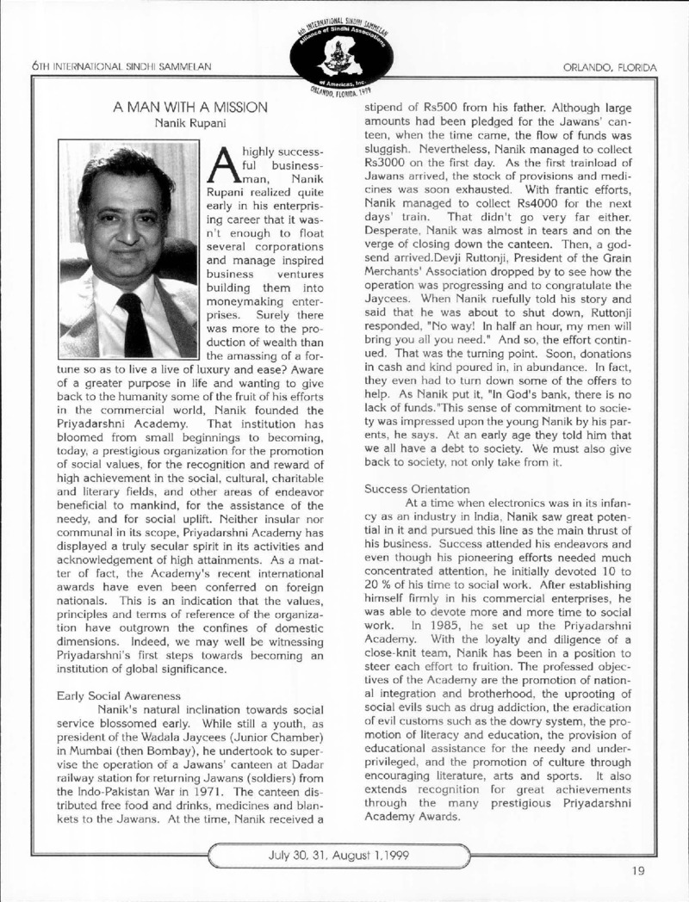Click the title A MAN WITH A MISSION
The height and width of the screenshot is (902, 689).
coord(190,107)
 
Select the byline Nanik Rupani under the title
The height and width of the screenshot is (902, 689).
coord(190,123)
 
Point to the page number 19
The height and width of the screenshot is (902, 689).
coord(637,870)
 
